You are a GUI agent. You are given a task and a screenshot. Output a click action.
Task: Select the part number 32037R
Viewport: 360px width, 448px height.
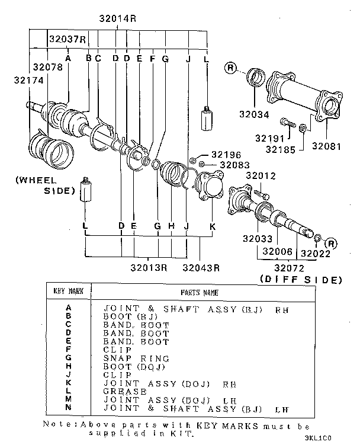click(67, 40)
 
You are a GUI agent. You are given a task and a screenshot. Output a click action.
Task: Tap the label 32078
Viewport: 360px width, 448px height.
click(47, 67)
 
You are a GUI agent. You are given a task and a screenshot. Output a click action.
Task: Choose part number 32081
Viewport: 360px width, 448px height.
click(327, 146)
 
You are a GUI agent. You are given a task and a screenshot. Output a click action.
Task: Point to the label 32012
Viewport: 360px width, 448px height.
click(261, 176)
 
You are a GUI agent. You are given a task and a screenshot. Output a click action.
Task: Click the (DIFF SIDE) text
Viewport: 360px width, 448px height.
click(300, 279)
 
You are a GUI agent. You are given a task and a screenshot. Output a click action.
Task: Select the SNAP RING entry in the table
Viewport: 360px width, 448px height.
click(136, 359)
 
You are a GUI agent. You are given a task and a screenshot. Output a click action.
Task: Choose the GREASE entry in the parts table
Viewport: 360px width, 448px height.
click(125, 392)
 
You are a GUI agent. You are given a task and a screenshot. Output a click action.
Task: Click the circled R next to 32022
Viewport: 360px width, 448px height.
click(330, 244)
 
